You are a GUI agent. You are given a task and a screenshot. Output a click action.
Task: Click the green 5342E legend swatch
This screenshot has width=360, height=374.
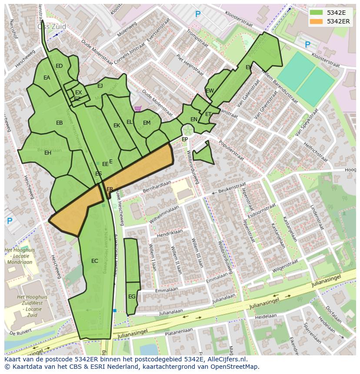tap(317, 13)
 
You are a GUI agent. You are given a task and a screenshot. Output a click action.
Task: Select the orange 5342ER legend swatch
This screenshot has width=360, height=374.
tap(317, 21)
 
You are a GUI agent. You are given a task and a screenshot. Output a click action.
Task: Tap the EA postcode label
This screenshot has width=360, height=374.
tap(47, 78)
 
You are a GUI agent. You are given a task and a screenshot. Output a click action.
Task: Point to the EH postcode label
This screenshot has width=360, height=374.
tap(48, 153)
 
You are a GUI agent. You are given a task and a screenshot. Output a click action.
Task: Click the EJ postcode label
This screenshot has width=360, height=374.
tap(100, 86)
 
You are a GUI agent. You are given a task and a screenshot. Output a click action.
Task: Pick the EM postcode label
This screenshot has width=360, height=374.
tap(147, 123)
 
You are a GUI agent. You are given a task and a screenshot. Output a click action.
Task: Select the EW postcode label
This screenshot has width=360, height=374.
tap(210, 91)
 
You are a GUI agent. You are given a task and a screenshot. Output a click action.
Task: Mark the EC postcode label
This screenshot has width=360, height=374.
tap(95, 261)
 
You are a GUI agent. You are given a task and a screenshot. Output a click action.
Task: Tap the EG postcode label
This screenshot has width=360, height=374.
tap(132, 297)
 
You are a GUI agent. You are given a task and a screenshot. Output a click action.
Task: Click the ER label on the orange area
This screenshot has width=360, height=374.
tap(110, 189)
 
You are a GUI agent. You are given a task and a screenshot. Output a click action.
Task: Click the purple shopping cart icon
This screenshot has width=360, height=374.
tap(138, 109)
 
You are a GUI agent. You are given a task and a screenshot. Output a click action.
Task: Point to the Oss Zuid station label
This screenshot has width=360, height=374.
tap(52, 26)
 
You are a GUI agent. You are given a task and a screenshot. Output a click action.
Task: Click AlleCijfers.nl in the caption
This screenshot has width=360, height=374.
tap(226, 359)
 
